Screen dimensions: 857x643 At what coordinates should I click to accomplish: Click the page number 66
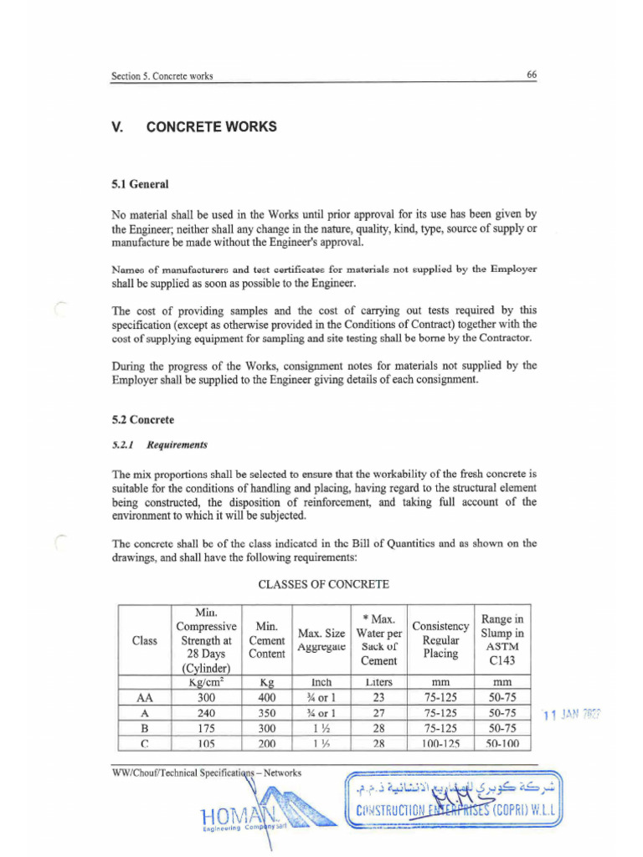pos(532,74)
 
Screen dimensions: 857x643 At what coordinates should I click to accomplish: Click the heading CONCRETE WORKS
pos(211,127)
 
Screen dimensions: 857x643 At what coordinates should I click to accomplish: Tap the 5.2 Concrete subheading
pos(143,419)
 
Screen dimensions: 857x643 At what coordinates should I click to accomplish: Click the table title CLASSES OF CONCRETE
pos(324,582)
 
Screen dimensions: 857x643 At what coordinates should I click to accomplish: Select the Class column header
pos(144,640)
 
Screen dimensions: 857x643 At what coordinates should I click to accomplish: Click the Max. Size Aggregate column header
pos(321,640)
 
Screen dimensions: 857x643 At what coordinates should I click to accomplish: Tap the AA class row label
pos(144,697)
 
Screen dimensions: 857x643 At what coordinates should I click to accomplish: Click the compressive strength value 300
pos(206,697)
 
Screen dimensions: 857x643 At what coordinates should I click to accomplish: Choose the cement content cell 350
pos(267,713)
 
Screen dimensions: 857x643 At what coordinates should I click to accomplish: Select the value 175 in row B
pos(206,728)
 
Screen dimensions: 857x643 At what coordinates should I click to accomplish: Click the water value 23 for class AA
pos(378,697)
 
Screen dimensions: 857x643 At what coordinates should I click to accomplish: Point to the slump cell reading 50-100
pos(502,743)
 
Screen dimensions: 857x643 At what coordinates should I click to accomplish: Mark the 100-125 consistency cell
pos(440,743)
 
